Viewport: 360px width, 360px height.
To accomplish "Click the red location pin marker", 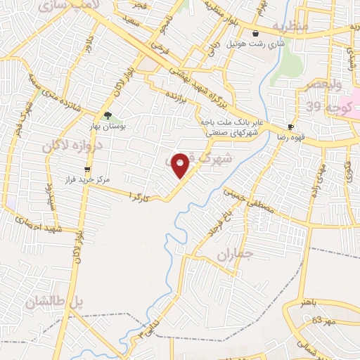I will tap(181, 165).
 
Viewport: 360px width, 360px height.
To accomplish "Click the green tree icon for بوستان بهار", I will tap(108, 115).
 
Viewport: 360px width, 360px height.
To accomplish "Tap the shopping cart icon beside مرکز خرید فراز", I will tap(87, 169).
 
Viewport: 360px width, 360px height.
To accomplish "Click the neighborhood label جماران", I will tap(233, 256).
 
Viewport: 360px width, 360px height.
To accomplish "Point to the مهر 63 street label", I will tap(316, 320).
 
